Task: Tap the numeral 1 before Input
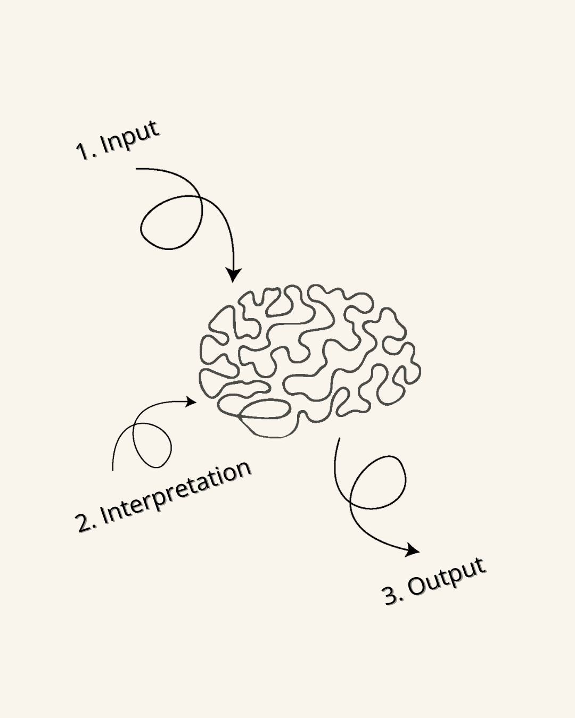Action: [x=83, y=151]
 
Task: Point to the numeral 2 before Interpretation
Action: [x=84, y=523]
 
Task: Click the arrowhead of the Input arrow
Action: [x=233, y=274]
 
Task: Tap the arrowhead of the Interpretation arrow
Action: [x=190, y=402]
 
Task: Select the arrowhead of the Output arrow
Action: [x=411, y=550]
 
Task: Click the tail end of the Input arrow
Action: [x=137, y=169]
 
